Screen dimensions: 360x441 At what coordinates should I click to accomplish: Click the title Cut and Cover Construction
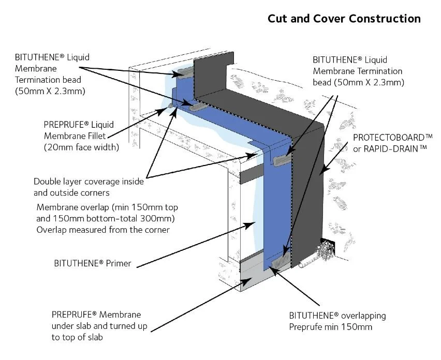[x=344, y=19]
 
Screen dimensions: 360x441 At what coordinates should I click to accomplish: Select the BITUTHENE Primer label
[x=92, y=263]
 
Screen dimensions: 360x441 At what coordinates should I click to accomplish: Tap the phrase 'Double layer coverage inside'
[x=89, y=182]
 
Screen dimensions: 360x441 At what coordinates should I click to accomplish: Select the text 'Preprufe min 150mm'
[x=330, y=327]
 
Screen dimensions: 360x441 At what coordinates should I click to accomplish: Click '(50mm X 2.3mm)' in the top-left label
[x=50, y=91]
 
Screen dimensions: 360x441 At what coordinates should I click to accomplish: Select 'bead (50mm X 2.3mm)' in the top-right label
[x=358, y=83]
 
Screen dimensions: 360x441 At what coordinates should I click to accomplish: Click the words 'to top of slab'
[x=77, y=337]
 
